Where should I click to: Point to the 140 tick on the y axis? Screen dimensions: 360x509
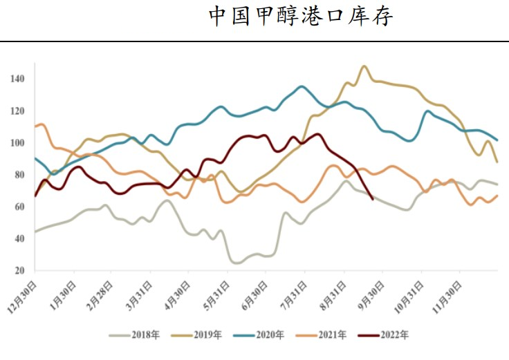(17, 79)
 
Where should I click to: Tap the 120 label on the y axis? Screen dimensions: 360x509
(17, 111)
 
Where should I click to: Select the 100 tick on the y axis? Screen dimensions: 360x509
(17, 143)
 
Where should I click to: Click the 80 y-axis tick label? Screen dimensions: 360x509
(19, 175)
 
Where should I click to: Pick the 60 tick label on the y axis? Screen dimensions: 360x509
(19, 207)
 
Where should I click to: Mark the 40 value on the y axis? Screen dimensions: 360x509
(19, 238)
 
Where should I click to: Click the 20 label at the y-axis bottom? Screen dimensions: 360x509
(19, 270)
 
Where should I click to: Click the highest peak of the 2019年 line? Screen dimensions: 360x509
(364, 66)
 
